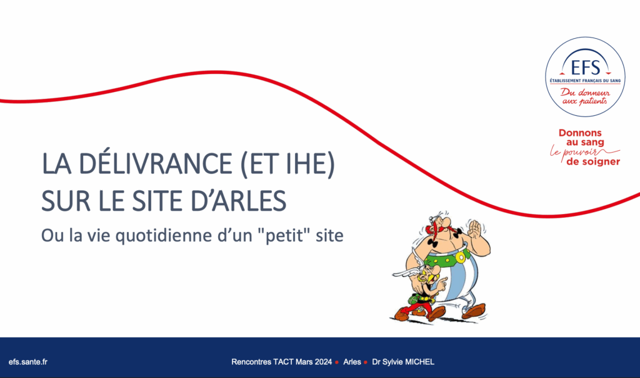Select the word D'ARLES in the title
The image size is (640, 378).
(x=238, y=201)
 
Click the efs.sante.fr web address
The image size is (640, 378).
(x=28, y=362)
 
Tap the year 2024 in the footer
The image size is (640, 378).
(x=323, y=362)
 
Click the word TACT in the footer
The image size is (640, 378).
(x=283, y=362)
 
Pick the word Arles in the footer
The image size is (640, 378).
(x=352, y=362)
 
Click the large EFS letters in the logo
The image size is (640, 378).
(x=585, y=68)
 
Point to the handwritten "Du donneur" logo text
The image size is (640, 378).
(x=585, y=93)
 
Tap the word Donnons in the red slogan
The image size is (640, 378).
(x=580, y=133)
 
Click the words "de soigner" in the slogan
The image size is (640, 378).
(x=593, y=162)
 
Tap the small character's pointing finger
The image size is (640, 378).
(x=443, y=280)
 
